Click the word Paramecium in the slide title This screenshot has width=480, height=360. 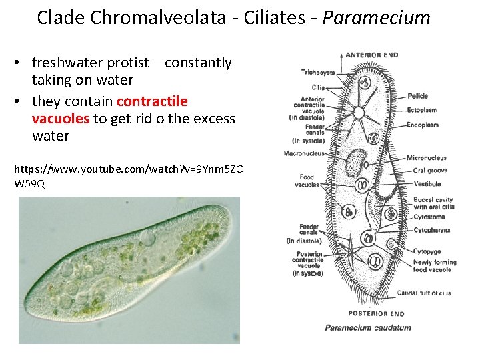coord(377,17)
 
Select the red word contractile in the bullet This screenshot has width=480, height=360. coord(152,101)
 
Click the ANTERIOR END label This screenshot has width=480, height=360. coord(371,55)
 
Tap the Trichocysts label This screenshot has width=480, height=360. coord(318,72)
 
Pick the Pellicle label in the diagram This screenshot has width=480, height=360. coord(418,96)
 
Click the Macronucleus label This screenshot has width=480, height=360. coord(304,153)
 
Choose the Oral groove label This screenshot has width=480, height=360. coord(431,171)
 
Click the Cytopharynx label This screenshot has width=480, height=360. coord(432,229)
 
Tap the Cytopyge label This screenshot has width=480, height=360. coord(427,251)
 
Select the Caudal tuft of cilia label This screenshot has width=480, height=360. coord(424,293)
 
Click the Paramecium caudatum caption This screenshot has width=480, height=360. coord(368,327)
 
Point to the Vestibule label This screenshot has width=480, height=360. coord(427,183)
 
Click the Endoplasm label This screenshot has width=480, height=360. coord(423,125)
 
